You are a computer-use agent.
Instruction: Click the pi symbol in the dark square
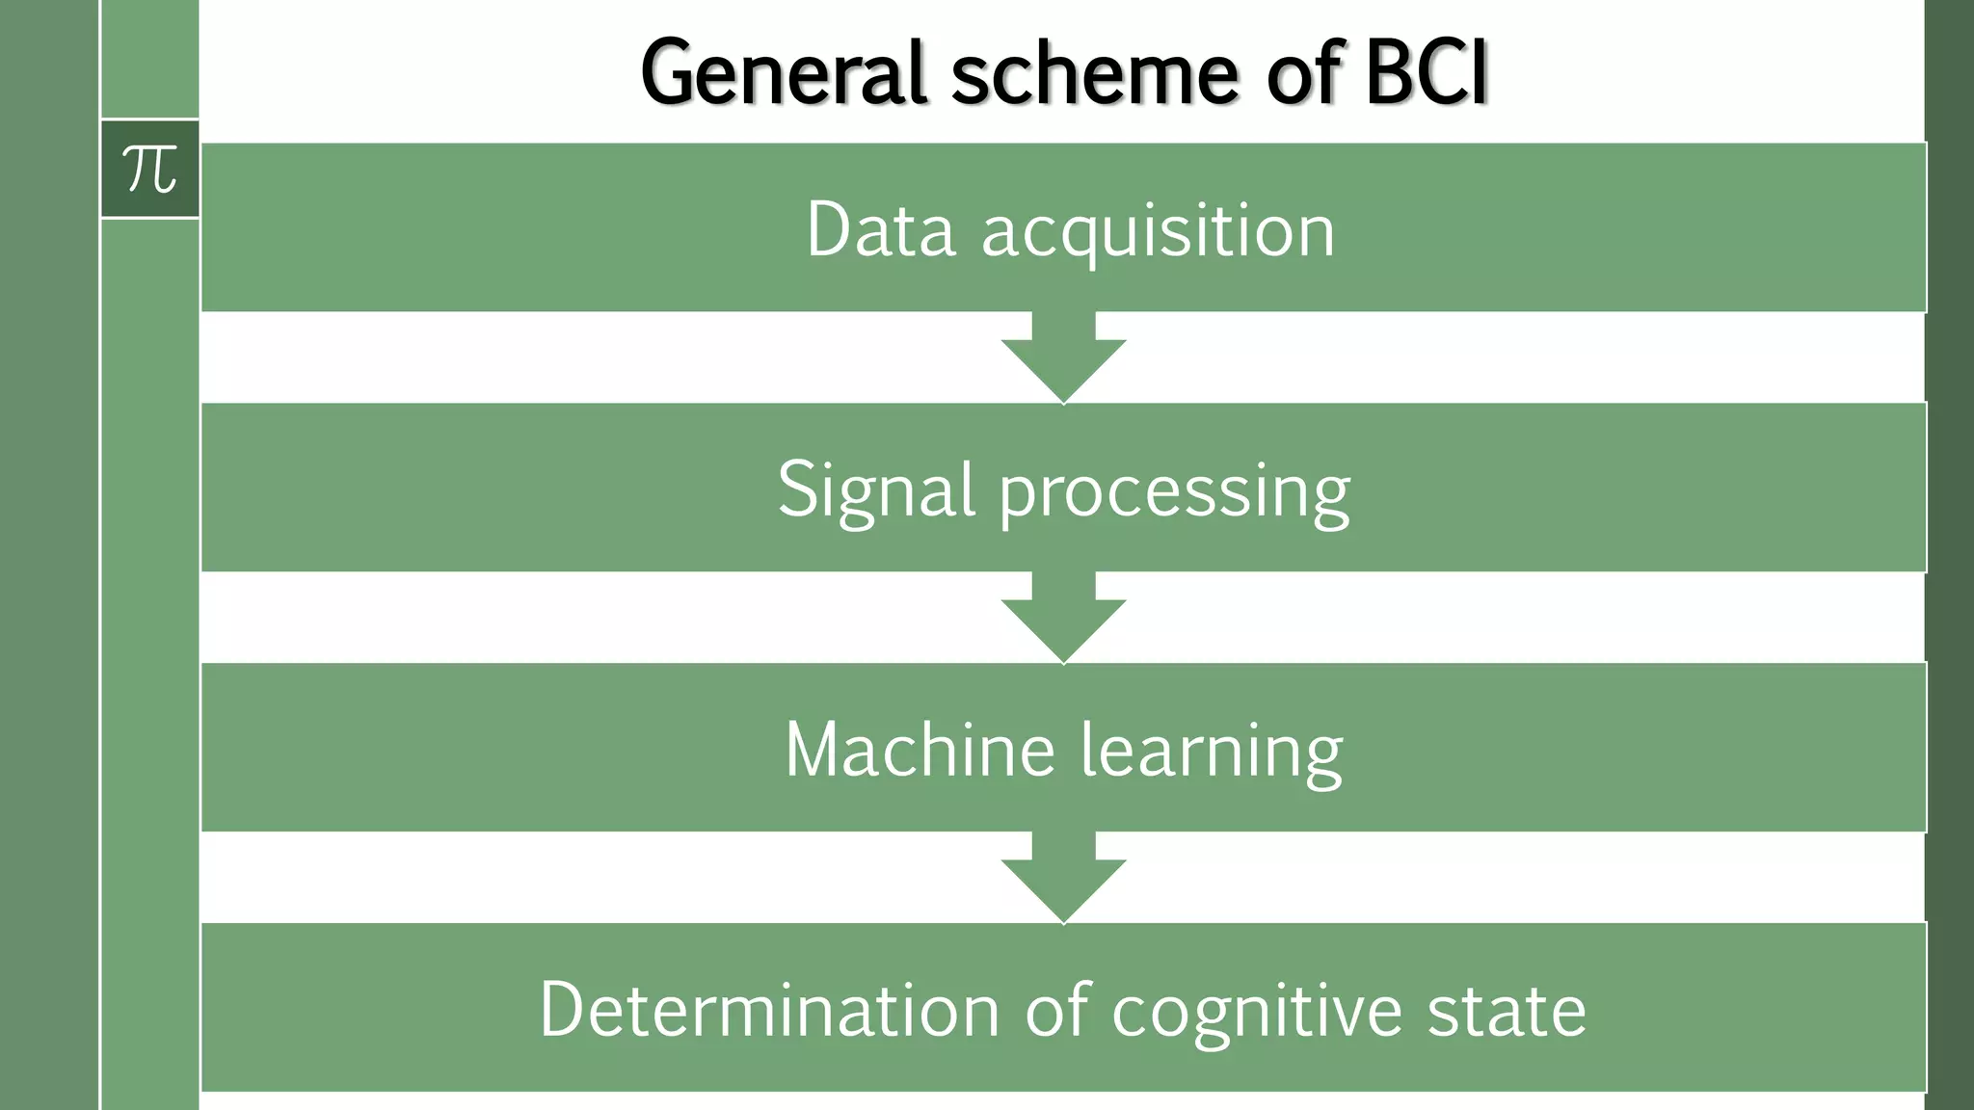click(x=150, y=170)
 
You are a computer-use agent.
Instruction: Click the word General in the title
click(x=784, y=74)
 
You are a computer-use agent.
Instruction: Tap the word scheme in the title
click(x=1094, y=74)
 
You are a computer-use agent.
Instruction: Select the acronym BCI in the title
click(x=1427, y=74)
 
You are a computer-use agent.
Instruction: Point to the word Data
click(x=880, y=231)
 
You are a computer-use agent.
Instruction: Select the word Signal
click(x=876, y=491)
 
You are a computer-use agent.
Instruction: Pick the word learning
click(x=1211, y=752)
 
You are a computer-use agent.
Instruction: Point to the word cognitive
click(x=1257, y=1012)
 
